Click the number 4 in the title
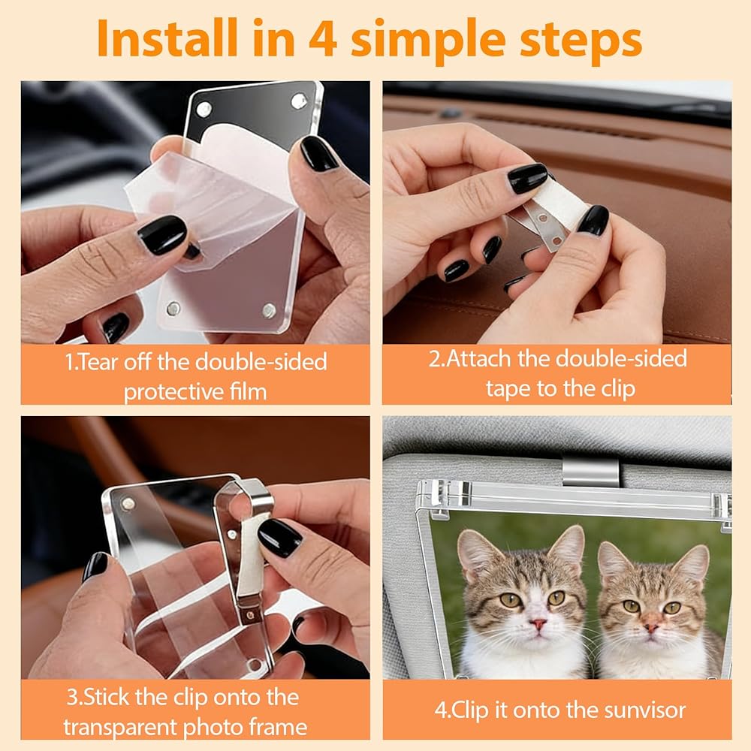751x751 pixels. coord(322,38)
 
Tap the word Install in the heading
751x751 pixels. coord(167,38)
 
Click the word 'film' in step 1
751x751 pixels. coord(248,392)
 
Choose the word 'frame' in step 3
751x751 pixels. coord(279,728)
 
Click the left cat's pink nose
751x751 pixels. coord(538,624)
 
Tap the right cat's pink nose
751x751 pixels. coord(650,626)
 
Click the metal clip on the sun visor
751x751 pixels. coord(590,472)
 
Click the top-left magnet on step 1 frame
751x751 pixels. coord(204,110)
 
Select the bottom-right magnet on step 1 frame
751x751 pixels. coord(269,310)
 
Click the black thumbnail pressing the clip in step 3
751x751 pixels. coord(279,538)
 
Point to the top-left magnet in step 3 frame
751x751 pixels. coord(128,504)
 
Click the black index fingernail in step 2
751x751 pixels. coord(527,178)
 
